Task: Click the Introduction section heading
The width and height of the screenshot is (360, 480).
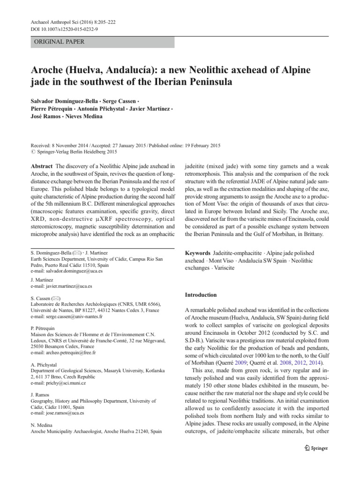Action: click(201, 295)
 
